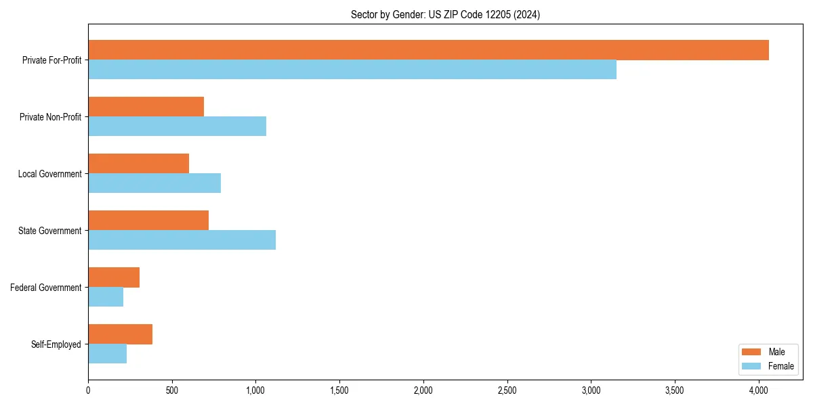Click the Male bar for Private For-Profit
[x=428, y=50]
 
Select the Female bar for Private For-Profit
[x=352, y=70]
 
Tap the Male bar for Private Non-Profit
[x=146, y=107]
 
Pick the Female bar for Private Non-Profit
[x=177, y=127]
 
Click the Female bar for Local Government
[x=154, y=183]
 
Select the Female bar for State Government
[x=182, y=240]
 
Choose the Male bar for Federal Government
[x=114, y=277]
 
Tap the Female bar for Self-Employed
[x=107, y=354]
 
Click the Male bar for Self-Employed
[x=120, y=334]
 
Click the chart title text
[x=445, y=14]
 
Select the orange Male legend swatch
[x=751, y=352]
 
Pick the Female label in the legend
[x=781, y=367]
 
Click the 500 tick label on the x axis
[x=171, y=390]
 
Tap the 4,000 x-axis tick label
[x=758, y=390]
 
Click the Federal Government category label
[x=46, y=288]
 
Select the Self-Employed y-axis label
[x=56, y=344]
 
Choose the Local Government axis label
[x=50, y=174]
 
